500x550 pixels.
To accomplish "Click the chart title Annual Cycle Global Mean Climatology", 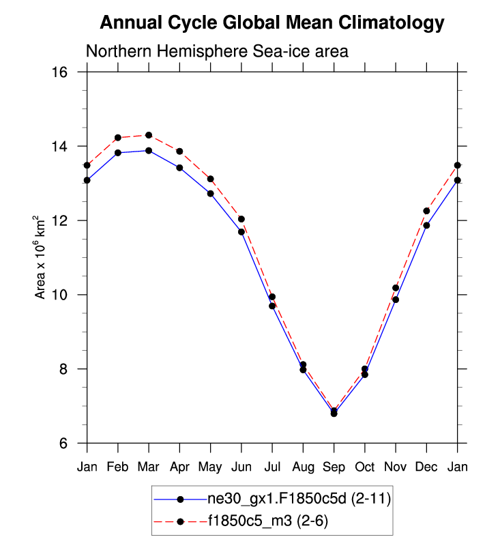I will [272, 23].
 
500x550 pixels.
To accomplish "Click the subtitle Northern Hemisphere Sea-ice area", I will [217, 51].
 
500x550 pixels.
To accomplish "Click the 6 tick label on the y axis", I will [70, 444].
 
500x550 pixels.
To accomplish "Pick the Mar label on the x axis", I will [149, 467].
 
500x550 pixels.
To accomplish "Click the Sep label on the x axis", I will [334, 467].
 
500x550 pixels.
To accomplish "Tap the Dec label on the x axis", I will [426, 467].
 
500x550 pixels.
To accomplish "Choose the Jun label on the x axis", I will [241, 467].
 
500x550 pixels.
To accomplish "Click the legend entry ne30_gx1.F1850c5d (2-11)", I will [299, 500].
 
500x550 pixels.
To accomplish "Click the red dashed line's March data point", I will [149, 135].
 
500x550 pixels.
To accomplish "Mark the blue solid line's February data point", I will [118, 153].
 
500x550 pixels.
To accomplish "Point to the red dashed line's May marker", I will [211, 179].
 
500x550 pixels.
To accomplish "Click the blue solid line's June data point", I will [241, 232].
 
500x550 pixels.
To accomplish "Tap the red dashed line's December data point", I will [426, 211].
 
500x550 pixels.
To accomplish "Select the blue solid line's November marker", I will [396, 300].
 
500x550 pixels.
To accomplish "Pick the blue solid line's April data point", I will [179, 168].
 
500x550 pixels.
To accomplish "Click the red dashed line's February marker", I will [118, 138].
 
